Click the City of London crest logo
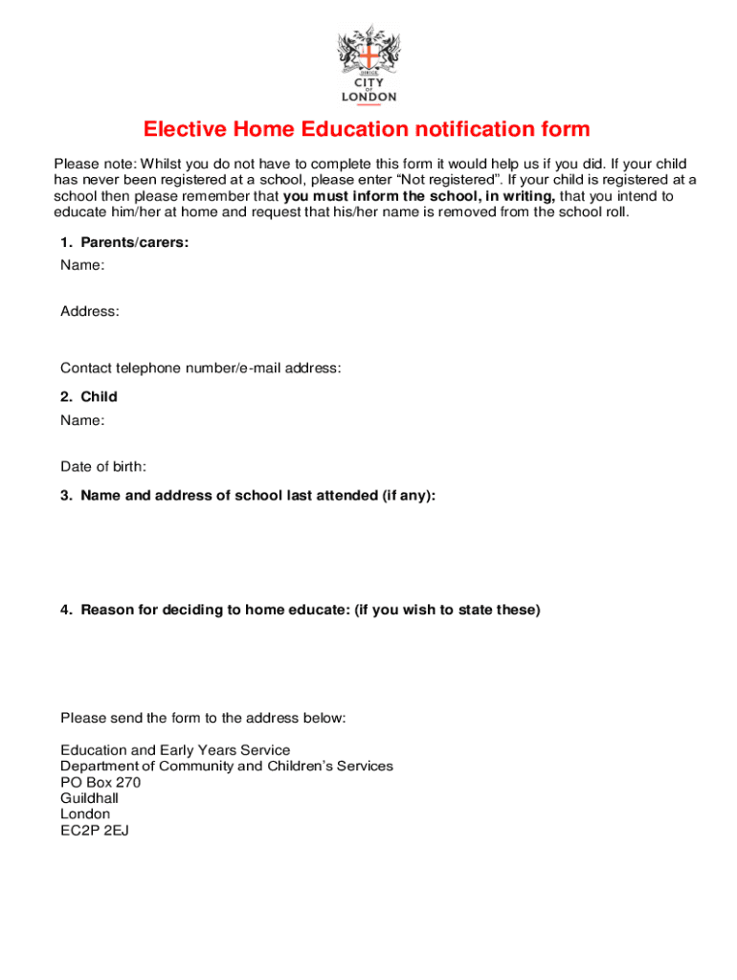368,63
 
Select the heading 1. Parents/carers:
124,243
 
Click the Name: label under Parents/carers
82,265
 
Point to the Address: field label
90,311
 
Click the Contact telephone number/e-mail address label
201,368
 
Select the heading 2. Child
89,397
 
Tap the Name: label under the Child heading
82,420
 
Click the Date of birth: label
103,467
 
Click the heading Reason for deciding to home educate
301,610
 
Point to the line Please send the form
202,718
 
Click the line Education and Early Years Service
175,750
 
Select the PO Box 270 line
100,782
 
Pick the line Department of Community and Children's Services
227,767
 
